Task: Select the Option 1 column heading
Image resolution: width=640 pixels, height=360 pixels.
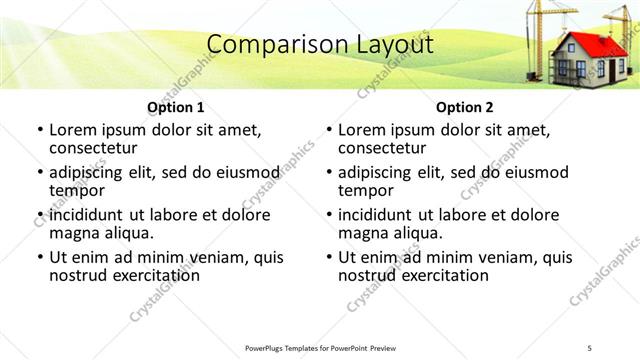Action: (176, 107)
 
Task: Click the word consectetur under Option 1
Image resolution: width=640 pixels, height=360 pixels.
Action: (93, 148)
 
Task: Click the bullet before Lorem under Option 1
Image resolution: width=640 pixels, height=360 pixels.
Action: (39, 130)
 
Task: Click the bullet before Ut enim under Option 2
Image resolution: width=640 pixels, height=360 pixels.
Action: (328, 257)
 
